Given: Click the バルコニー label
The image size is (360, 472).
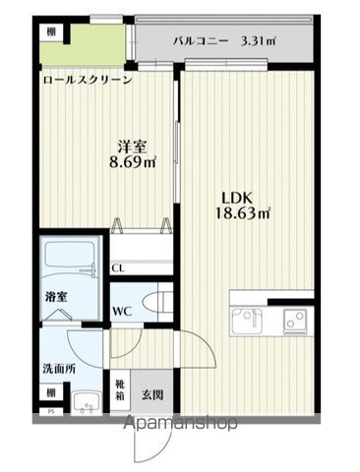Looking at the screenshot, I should click(x=201, y=41).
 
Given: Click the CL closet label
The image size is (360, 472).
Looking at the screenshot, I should click(x=117, y=266).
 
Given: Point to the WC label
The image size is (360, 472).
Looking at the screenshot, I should click(x=122, y=310).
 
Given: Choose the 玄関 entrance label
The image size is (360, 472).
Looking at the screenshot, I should click(x=151, y=394).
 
